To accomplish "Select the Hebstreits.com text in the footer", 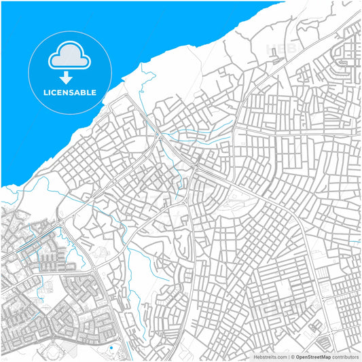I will [x=270, y=357].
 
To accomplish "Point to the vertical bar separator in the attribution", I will [x=289, y=357].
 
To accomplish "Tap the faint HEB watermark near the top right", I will [x=281, y=49].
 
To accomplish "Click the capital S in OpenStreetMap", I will [x=310, y=357].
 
